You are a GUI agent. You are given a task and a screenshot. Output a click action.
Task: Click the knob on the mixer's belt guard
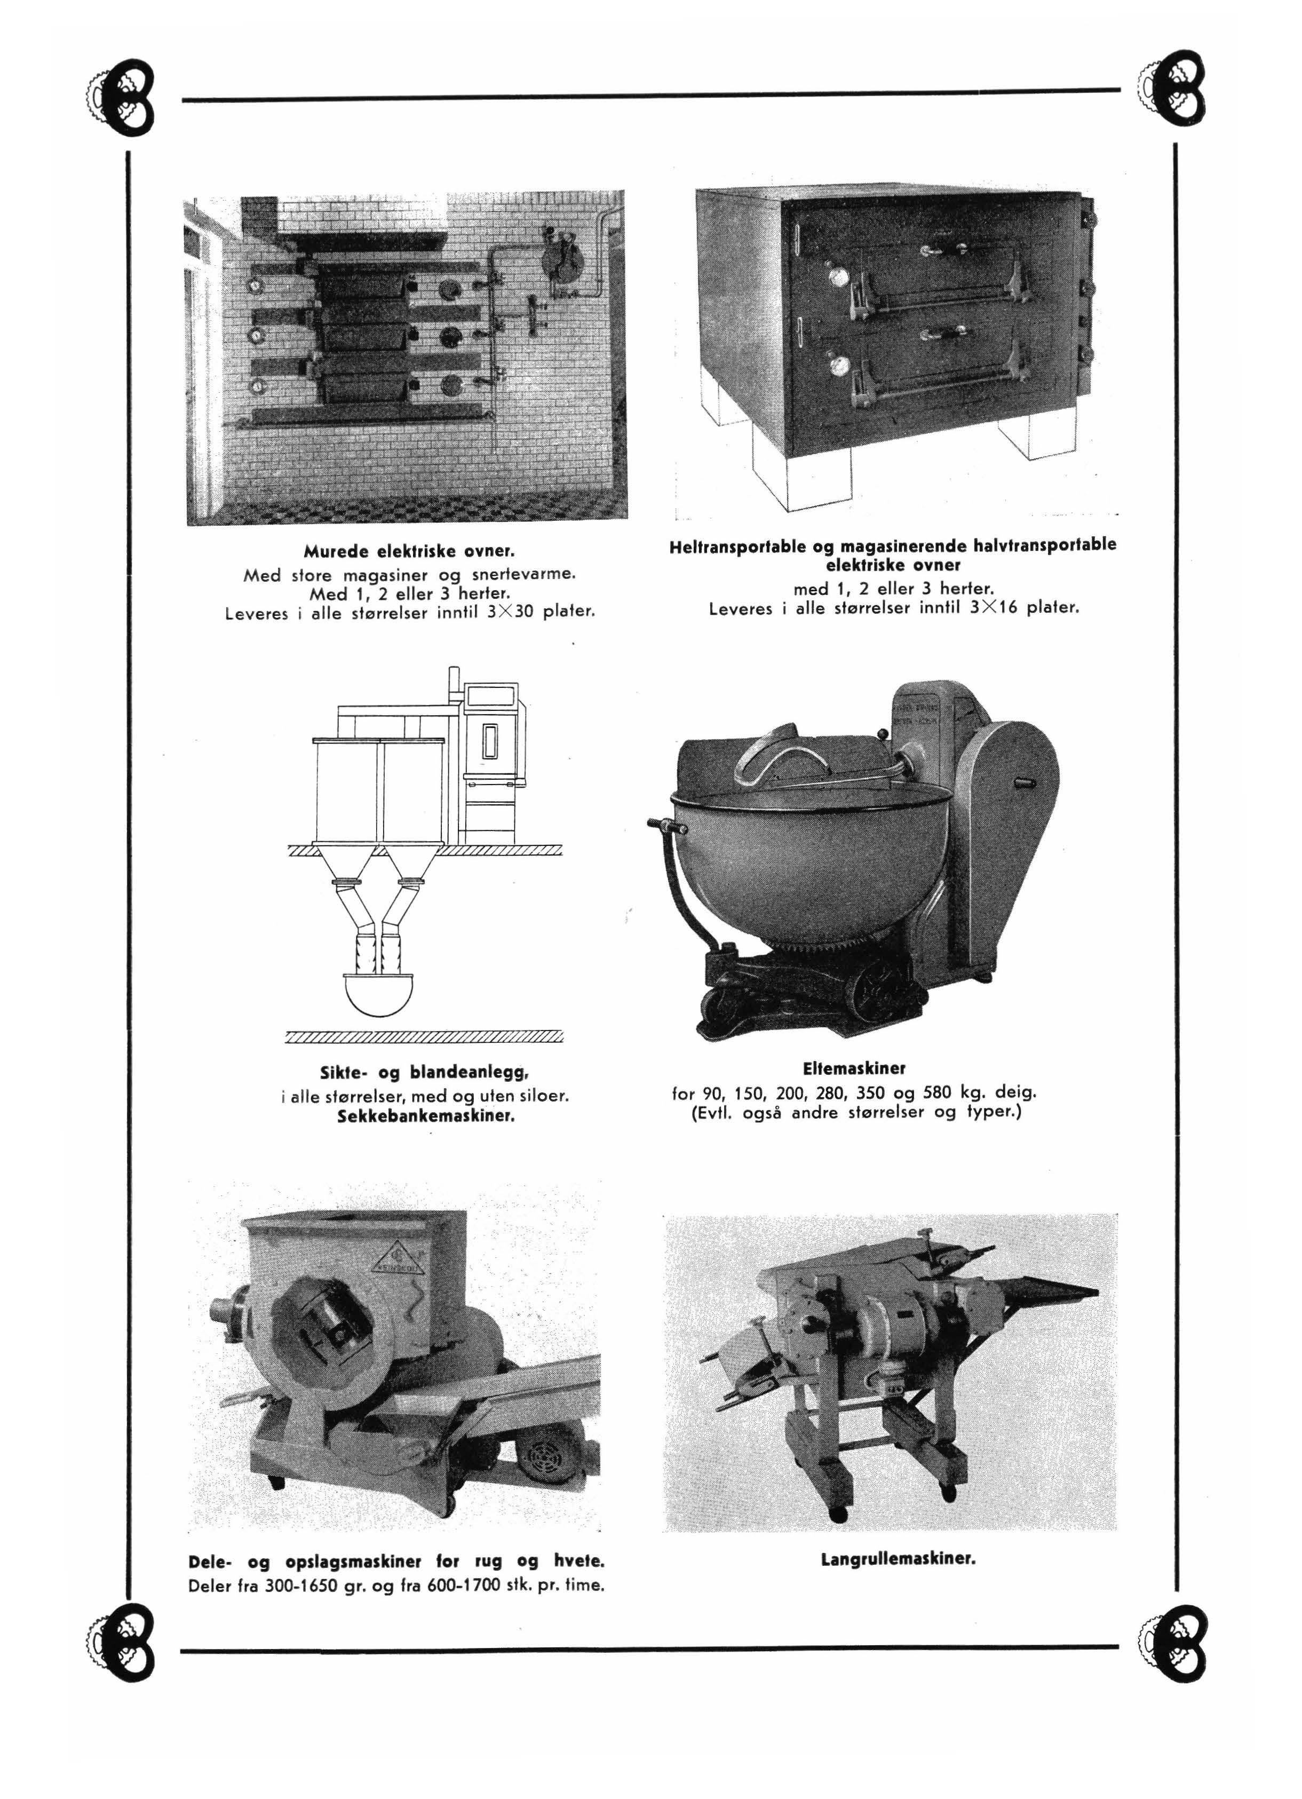click(1023, 782)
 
